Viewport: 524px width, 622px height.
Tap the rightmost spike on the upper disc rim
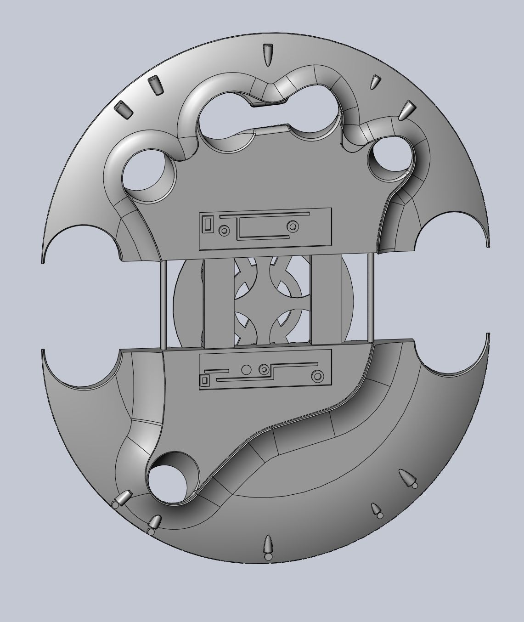click(x=406, y=112)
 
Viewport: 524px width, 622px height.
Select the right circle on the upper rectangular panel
click(x=292, y=226)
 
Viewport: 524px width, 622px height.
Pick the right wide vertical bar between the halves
click(x=326, y=299)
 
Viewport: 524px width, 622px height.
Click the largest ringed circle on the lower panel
click(x=317, y=377)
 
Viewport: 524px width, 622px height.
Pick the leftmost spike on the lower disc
click(x=123, y=498)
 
